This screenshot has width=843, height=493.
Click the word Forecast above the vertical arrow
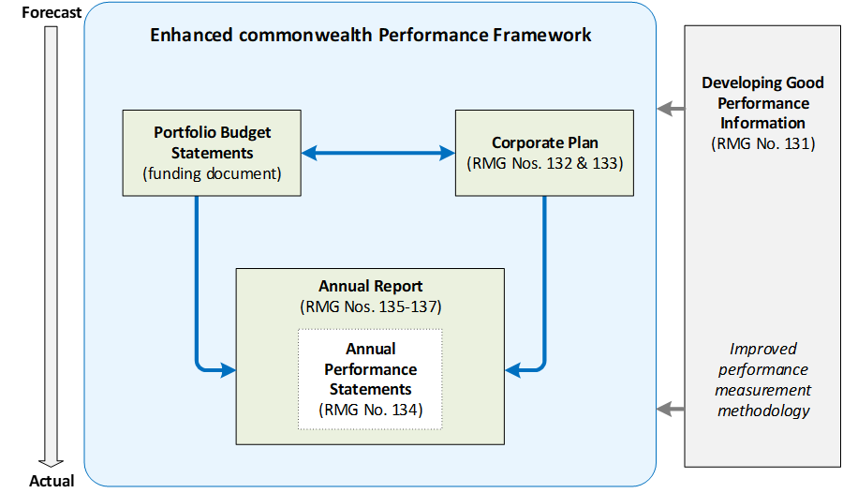click(52, 12)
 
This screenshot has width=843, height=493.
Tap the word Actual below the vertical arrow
click(52, 481)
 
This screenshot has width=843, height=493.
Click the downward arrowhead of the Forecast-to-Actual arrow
click(52, 463)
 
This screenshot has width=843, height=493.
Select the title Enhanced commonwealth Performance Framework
click(370, 35)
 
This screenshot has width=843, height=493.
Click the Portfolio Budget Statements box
click(212, 153)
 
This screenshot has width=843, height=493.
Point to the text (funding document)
click(212, 173)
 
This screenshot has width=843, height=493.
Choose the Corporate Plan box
click(544, 153)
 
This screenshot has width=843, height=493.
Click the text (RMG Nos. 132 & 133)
click(544, 163)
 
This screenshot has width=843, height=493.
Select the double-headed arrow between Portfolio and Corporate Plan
click(378, 153)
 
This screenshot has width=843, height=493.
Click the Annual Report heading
click(370, 286)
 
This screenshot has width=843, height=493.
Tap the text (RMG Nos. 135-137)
click(370, 306)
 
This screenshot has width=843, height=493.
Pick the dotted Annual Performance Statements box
click(370, 380)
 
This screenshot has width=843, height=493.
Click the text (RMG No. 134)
click(370, 410)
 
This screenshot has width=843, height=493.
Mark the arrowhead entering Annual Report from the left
click(228, 369)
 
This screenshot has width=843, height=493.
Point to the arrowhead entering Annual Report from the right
click(512, 369)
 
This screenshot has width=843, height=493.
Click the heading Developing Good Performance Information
click(762, 102)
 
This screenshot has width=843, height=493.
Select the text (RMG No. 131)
click(762, 143)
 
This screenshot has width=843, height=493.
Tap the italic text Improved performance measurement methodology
click(762, 380)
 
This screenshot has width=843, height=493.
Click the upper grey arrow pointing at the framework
click(671, 109)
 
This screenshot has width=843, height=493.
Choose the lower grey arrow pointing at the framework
click(671, 409)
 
